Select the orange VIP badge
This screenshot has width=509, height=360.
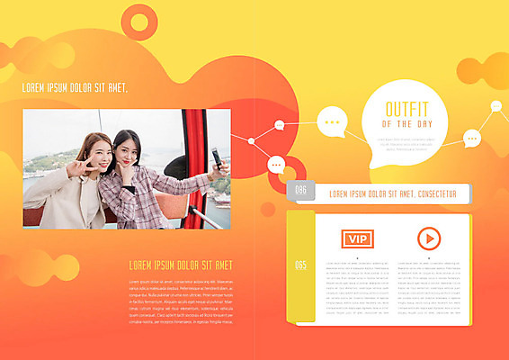click(x=357, y=238)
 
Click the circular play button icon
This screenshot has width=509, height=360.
click(x=429, y=238)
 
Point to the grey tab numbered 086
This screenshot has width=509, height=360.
click(x=300, y=190)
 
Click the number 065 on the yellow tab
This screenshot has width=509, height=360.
click(x=300, y=265)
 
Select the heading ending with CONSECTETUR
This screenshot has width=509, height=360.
click(x=393, y=193)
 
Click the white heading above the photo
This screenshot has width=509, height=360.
click(x=75, y=88)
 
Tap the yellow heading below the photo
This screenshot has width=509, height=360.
click(x=181, y=265)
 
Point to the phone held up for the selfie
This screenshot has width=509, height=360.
click(x=217, y=159)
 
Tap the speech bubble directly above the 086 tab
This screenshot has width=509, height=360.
click(x=278, y=165)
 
